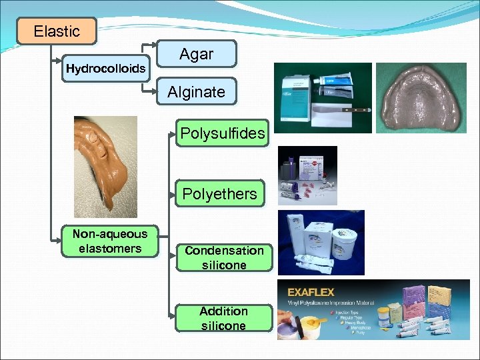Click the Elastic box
pyautogui.click(x=57, y=31)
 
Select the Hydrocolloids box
pyautogui.click(x=106, y=68)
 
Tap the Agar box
pyautogui.click(x=196, y=55)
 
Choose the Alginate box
pyautogui.click(x=196, y=92)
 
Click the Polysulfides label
pyautogui.click(x=222, y=134)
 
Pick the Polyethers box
pyautogui.click(x=219, y=194)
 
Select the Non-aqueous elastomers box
pyautogui.click(x=110, y=241)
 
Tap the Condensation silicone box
pyautogui.click(x=224, y=258)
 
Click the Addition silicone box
pyautogui.click(x=223, y=319)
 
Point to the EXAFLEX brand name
pyautogui.click(x=311, y=292)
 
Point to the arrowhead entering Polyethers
pyautogui.click(x=172, y=194)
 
